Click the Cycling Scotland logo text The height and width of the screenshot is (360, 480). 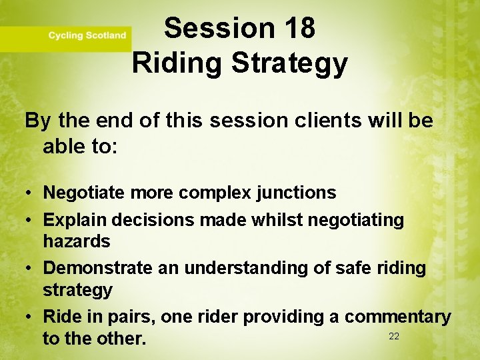click(87, 35)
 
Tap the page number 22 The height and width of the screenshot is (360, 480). click(394, 336)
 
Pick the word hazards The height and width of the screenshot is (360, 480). click(76, 241)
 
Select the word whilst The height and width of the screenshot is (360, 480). click(270, 219)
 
